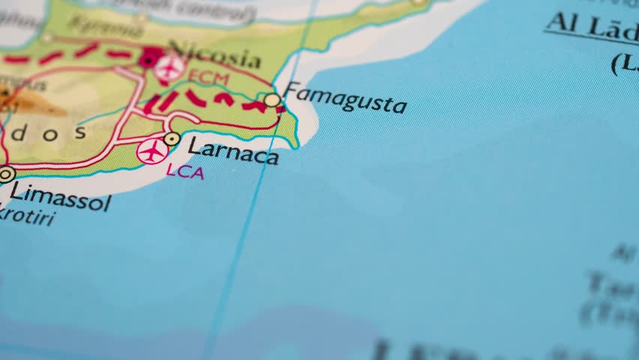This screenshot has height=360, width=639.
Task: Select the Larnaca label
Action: point(232,150)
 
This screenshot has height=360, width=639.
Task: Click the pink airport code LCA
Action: point(184,171)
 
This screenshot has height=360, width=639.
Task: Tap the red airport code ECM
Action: point(208,77)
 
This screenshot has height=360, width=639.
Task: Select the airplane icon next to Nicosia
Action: point(170,68)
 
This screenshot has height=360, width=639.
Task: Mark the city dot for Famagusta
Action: point(272,100)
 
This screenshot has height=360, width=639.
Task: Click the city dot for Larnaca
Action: point(172,139)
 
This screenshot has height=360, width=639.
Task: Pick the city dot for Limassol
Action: point(6,175)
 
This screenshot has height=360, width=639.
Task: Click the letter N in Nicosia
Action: point(177,49)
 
